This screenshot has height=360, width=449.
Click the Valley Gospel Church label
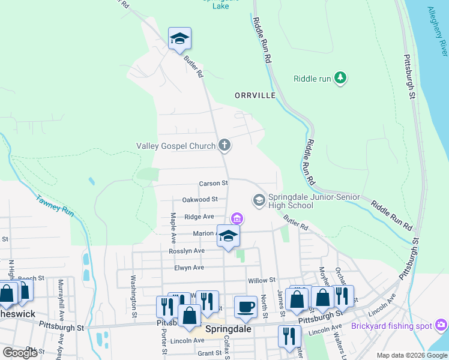click(x=176, y=145)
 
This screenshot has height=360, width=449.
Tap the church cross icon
click(x=224, y=145)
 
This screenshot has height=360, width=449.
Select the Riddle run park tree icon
click(x=340, y=78)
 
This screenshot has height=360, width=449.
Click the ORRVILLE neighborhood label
click(x=255, y=95)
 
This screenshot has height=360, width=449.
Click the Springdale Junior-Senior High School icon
click(x=259, y=200)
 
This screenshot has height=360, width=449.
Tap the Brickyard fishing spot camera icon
click(x=442, y=325)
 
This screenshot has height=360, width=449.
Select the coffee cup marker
click(x=245, y=307)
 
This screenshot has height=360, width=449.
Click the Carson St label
click(x=214, y=183)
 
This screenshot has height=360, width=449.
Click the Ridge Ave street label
click(x=199, y=217)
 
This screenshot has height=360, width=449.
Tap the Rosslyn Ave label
click(x=187, y=250)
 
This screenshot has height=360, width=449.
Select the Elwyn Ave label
click(x=189, y=268)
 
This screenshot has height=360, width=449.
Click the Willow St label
click(x=261, y=280)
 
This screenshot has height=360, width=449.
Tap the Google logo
click(x=19, y=353)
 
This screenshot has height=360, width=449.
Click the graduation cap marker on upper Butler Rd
click(x=179, y=40)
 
